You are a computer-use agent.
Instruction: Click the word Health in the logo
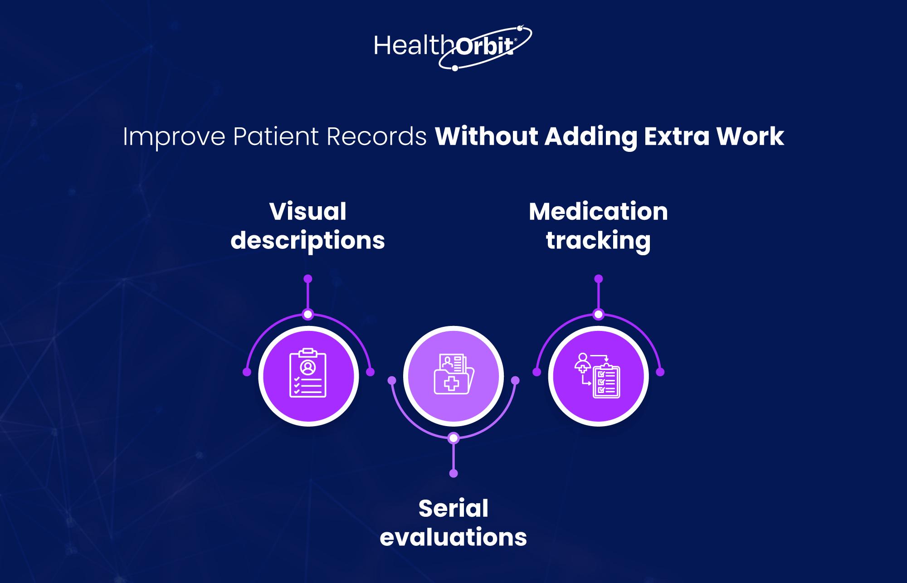coord(408,46)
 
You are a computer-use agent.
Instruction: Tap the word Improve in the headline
coord(174,137)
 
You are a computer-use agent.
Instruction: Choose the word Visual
coord(308,211)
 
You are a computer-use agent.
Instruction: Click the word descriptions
coord(308,241)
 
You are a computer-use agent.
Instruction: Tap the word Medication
coord(598,211)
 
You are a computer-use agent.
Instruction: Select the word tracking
coord(598,241)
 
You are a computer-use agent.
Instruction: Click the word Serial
coord(453,508)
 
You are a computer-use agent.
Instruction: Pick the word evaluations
coord(453,537)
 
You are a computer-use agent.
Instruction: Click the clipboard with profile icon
coord(308,373)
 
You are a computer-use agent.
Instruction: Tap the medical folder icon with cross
coord(453,374)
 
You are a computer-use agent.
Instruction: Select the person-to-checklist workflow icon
coord(597,375)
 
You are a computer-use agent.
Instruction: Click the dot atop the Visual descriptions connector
coord(308,278)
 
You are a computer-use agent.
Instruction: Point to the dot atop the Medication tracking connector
coord(599,278)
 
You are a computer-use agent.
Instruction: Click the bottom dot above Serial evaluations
coord(453,473)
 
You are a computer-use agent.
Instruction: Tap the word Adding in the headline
coord(591,137)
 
